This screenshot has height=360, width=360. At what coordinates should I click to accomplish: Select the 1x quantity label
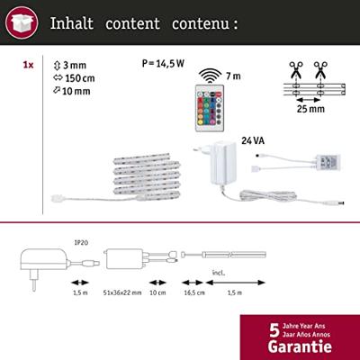(x=28, y=66)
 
